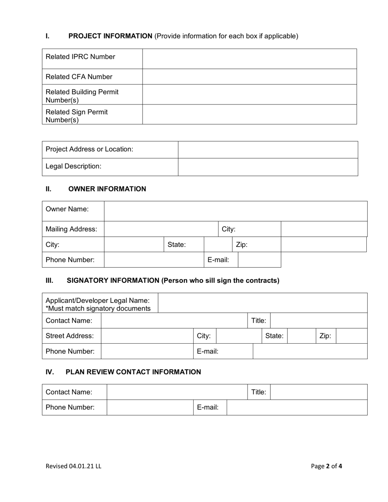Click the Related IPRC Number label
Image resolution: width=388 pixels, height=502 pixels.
click(80, 57)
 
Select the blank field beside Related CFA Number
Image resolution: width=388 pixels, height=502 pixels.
click(249, 77)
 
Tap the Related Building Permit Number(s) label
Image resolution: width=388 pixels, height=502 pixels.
click(82, 96)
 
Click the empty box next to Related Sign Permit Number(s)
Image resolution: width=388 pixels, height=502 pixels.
click(249, 114)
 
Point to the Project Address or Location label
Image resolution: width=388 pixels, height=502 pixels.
click(89, 149)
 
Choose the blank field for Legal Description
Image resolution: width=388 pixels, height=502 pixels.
click(268, 167)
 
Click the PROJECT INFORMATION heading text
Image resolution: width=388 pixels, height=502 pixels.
click(110, 36)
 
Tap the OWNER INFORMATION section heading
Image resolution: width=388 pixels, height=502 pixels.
click(107, 189)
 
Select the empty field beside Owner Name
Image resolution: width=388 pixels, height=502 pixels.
click(236, 211)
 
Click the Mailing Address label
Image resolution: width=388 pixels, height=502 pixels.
click(71, 229)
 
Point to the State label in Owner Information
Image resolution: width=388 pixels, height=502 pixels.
click(177, 245)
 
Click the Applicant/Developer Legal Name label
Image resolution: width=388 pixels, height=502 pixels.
click(98, 301)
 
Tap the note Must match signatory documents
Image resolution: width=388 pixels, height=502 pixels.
click(98, 308)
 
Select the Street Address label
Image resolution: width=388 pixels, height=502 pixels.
click(70, 336)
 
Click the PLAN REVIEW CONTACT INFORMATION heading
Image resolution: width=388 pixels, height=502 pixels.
click(133, 372)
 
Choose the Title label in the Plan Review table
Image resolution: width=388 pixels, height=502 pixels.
click(259, 392)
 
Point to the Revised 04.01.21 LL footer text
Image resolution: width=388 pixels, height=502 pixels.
click(74, 466)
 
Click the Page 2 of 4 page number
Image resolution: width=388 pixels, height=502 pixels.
click(326, 466)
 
